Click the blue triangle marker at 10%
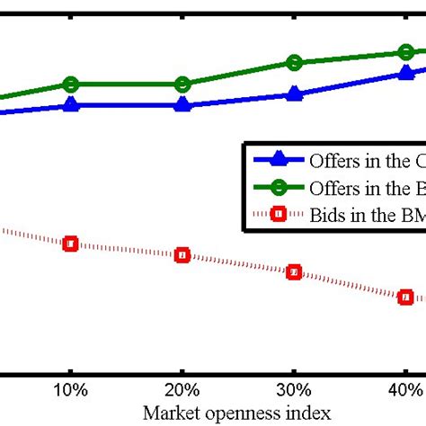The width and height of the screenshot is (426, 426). click(71, 105)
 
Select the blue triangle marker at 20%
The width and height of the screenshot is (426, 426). click(182, 105)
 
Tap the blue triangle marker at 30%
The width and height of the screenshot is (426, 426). click(294, 94)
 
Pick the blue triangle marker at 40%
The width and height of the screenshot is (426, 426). click(405, 73)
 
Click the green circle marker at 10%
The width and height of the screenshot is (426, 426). click(71, 84)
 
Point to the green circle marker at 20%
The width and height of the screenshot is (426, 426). click(182, 84)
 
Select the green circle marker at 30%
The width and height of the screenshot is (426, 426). click(294, 62)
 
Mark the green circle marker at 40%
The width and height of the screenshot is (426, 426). click(405, 52)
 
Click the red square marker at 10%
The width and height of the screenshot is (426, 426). click(71, 244)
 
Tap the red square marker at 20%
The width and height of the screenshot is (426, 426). click(182, 255)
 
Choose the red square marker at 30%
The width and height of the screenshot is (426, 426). click(294, 272)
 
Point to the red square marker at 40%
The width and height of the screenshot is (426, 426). click(405, 297)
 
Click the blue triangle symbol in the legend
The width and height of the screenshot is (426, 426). click(278, 161)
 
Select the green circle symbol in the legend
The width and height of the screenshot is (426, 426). click(278, 187)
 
